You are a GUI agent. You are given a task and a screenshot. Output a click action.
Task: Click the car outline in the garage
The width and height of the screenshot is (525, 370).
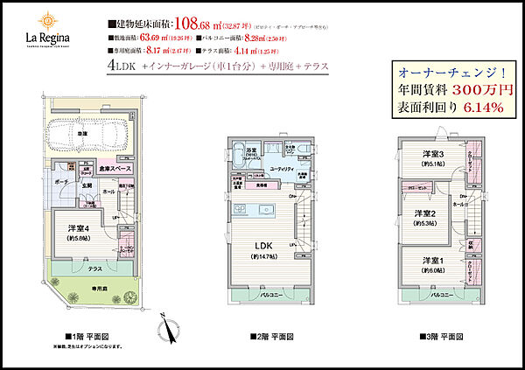click(x=87, y=136)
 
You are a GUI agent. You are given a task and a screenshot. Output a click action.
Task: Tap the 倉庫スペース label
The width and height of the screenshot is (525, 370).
click(x=115, y=168)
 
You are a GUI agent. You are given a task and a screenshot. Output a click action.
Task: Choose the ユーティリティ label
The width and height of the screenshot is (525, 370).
click(x=280, y=169)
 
